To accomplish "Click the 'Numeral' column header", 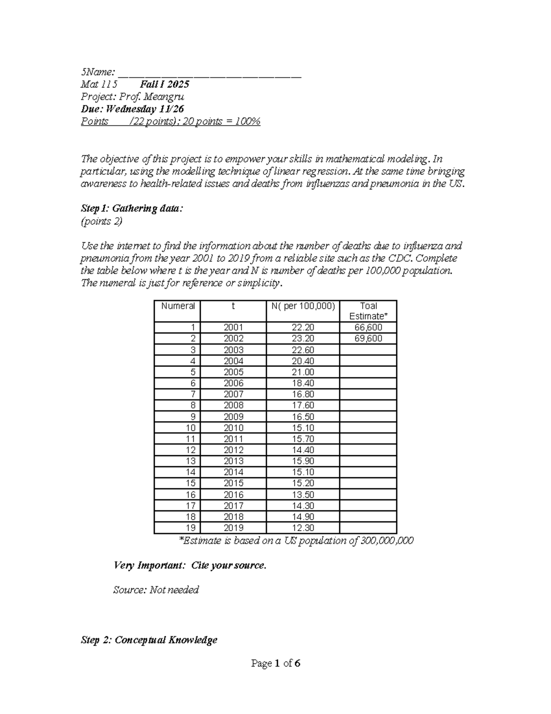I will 178,306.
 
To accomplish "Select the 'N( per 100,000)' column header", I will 303,306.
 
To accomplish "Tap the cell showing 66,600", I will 368,327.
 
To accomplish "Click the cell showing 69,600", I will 368,338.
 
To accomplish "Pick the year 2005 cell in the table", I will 233,372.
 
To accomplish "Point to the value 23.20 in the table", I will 303,338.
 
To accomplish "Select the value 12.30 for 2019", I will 303,528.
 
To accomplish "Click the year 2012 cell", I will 233,450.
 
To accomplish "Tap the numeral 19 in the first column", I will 191,528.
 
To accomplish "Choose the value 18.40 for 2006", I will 303,383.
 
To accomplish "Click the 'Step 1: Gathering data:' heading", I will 132,209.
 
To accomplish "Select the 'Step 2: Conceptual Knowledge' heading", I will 149,640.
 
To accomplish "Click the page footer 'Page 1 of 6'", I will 275,663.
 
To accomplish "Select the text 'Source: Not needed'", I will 156,590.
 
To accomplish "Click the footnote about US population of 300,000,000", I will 296,541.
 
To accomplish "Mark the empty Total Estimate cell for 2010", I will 368,428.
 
